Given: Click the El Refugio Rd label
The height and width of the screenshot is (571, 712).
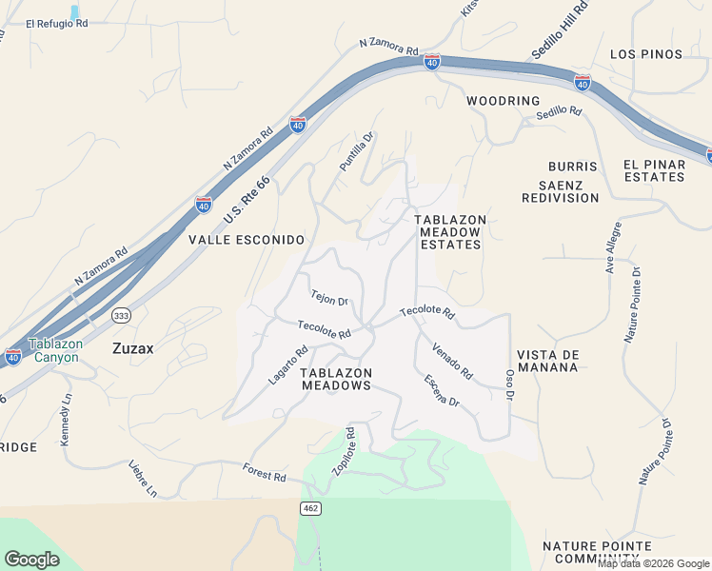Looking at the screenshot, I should point(56,24).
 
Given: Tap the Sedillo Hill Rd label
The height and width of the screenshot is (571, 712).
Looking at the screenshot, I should point(561,45).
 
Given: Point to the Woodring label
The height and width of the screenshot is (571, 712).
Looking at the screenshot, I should point(503,101).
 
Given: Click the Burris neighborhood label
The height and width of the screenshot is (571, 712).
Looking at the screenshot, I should point(572,167).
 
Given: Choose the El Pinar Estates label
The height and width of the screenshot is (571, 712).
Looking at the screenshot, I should point(654,170).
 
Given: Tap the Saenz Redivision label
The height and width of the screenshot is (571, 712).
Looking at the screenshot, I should point(560,191).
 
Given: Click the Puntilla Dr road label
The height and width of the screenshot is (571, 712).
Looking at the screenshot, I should point(358,151).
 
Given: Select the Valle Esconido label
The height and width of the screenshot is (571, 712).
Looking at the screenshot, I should point(246,240).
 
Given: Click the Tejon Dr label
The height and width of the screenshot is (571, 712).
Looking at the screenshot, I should point(330,298).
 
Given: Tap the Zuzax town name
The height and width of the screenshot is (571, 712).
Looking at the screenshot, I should point(133,348).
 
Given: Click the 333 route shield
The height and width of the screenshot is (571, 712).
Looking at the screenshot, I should point(120,315).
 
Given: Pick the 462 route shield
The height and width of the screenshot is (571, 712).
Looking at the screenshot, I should point(309,508).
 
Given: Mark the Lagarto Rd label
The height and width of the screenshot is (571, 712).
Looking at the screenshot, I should point(287,364).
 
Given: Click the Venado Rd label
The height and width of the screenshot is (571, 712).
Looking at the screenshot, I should point(452,362).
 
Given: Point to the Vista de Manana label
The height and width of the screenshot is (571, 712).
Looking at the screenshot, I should point(549,361).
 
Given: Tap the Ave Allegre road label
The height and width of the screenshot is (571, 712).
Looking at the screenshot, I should point(614,247).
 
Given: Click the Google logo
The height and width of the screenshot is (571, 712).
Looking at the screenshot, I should point(31,560).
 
